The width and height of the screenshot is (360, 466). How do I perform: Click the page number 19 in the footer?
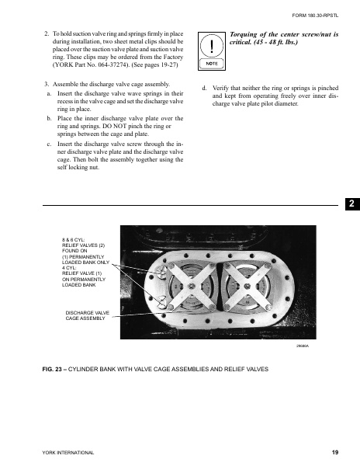334,452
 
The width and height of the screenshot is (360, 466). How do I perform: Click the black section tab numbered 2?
351,204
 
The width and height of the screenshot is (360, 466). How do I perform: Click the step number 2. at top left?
47,35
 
